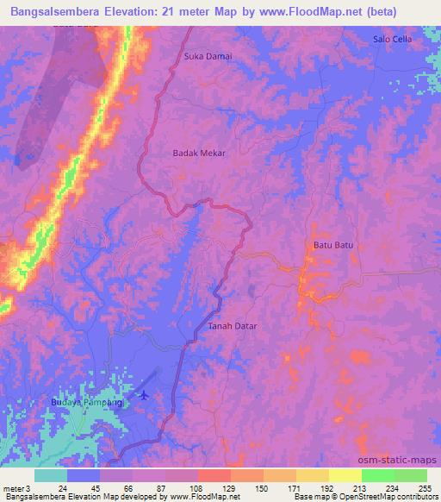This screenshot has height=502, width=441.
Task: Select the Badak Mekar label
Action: pos(199,153)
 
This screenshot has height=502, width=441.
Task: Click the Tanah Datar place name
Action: pos(233,327)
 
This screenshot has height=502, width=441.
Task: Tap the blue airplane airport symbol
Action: pos(143,395)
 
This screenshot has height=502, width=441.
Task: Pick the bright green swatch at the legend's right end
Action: pos(410,475)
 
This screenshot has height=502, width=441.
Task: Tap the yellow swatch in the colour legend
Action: pos(345,475)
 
